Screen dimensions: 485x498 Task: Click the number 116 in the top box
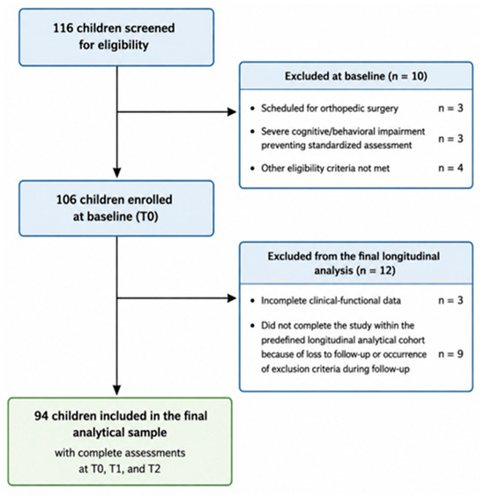coord(63,28)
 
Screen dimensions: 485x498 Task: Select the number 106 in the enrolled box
coord(67,200)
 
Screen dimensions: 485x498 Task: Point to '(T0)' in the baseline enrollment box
coord(147,216)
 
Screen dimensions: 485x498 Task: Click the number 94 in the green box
coord(41,416)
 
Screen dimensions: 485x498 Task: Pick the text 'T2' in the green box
coord(154,469)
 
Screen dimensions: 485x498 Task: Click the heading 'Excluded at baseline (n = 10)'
coord(356,76)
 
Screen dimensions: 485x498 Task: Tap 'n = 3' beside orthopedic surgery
coord(451,109)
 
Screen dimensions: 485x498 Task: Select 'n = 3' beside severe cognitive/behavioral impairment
coord(451,139)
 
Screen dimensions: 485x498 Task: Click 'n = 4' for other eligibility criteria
coord(451,168)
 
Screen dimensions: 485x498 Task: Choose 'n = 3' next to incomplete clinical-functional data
coord(451,300)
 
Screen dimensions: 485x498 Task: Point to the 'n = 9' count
coord(451,354)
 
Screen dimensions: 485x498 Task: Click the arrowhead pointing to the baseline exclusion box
coord(232,112)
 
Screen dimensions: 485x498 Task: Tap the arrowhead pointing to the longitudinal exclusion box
coord(232,298)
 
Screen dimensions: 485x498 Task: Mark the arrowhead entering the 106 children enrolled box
coord(117,173)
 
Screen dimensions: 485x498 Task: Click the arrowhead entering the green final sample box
coord(117,390)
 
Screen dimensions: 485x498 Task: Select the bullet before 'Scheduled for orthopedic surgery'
coord(252,109)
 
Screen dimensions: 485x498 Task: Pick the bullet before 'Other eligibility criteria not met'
coord(252,169)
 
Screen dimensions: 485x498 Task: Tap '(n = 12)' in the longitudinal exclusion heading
coord(376,271)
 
